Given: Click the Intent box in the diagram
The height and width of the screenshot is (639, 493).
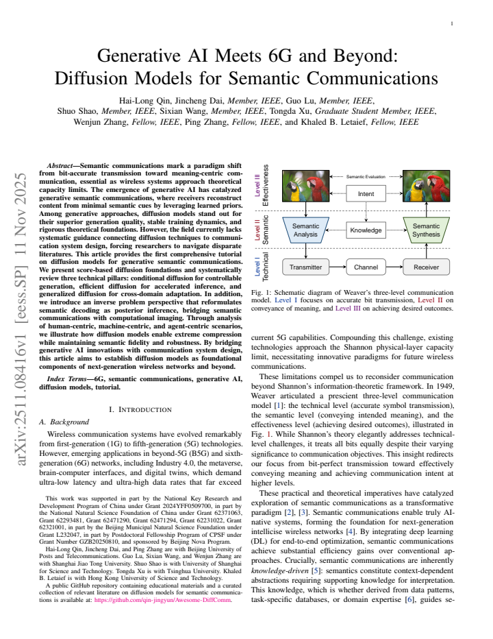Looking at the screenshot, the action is click(366, 193).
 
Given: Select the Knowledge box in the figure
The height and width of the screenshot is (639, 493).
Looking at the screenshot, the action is click(366, 230).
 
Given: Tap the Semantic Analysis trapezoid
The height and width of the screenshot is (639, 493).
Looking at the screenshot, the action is click(305, 230).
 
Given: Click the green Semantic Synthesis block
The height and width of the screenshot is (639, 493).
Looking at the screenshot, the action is click(426, 230).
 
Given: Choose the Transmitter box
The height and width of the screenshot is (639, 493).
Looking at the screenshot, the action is click(305, 267).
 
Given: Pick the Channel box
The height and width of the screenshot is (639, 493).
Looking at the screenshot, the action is click(366, 267).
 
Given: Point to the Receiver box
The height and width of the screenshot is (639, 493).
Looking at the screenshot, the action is click(426, 267).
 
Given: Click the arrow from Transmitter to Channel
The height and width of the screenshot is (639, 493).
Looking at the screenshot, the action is click(338, 267).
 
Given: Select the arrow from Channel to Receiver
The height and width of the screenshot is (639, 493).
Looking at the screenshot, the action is click(394, 267).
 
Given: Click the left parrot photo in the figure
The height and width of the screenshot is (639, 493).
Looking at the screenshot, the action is click(306, 186).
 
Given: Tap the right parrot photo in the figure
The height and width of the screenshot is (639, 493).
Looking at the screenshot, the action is click(426, 186).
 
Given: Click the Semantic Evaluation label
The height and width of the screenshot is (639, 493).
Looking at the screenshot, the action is click(366, 177).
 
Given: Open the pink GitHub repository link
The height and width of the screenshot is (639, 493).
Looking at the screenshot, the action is click(163, 600).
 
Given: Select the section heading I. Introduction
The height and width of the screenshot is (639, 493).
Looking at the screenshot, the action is click(140, 409).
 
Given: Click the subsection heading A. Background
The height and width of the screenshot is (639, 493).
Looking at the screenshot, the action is click(64, 422).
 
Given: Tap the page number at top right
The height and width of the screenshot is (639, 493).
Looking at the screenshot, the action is click(451, 23).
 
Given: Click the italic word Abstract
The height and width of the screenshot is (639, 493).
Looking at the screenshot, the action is click(60, 166).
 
